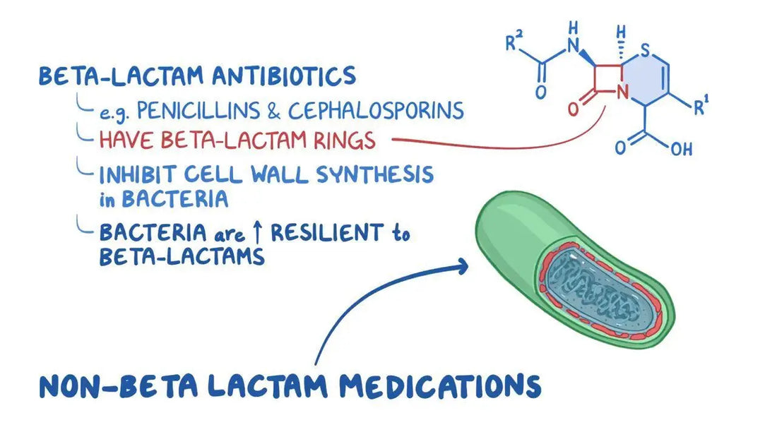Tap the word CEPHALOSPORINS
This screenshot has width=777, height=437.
pyautogui.click(x=375, y=110)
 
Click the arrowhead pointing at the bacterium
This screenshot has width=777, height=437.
pyautogui.click(x=461, y=266)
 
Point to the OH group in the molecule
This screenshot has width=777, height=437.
pyautogui.click(x=681, y=150)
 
